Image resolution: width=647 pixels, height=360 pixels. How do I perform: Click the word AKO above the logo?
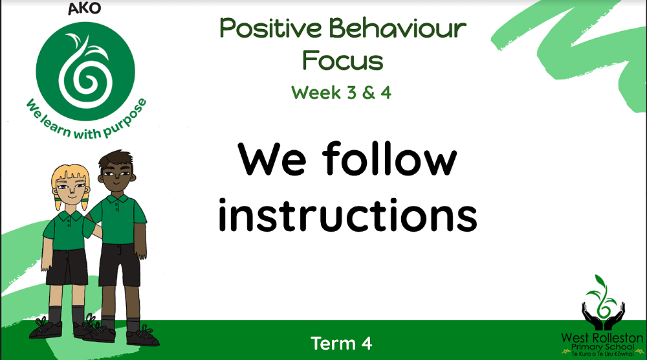(85, 8)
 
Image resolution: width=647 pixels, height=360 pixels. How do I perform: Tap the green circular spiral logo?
(85, 71)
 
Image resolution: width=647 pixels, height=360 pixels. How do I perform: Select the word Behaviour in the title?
(398, 28)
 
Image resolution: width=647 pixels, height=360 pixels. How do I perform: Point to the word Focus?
(343, 60)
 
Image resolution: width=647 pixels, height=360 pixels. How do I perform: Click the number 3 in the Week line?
(351, 93)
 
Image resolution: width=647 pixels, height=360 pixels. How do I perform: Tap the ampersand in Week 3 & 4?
(369, 93)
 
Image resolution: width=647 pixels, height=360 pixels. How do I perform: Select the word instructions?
(348, 215)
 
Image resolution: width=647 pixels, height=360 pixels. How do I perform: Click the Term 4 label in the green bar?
(341, 343)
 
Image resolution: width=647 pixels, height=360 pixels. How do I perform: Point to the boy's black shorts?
(120, 264)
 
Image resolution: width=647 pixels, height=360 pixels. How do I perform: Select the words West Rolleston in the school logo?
(602, 338)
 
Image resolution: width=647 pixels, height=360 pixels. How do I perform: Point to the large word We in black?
(272, 159)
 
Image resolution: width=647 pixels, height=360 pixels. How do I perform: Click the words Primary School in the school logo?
(602, 347)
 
